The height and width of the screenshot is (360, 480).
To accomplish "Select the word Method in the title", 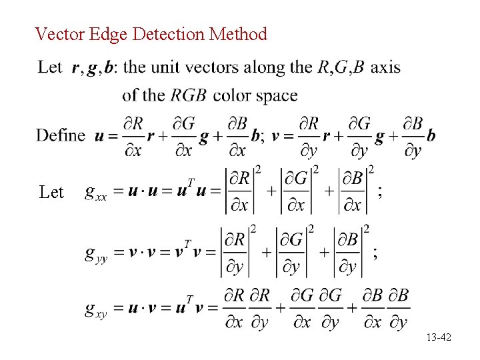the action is tap(238, 33).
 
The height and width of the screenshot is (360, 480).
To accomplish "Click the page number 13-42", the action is tap(438, 338).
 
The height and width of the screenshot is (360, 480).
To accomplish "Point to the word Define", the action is tap(61, 135).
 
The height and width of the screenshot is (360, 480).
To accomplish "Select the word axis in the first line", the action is tap(385, 67).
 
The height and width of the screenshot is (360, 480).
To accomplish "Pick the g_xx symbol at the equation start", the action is tap(96, 193).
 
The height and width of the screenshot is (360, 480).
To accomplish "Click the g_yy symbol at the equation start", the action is tap(96, 254).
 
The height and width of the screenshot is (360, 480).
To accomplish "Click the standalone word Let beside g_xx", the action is tap(51, 193).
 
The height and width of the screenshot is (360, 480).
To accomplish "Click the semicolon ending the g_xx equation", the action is tap(380, 193).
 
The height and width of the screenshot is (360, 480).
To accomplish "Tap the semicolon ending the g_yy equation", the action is tap(375, 253).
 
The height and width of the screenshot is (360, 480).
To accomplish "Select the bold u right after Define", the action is tap(99, 136).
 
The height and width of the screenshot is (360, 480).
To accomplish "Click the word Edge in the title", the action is tap(108, 33).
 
